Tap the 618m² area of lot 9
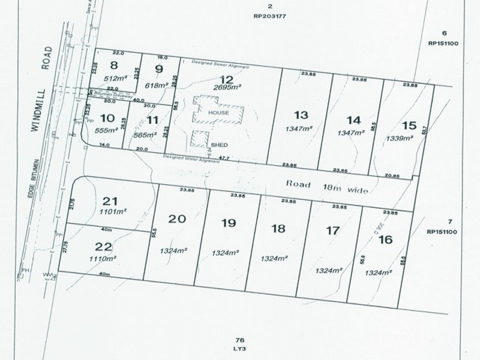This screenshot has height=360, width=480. pos(158,86)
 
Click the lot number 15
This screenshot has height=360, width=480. pos(409,125)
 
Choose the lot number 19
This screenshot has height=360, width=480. pos(228,223)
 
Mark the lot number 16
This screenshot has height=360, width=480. pos(385,239)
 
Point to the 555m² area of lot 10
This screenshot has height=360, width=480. pos(112,130)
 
